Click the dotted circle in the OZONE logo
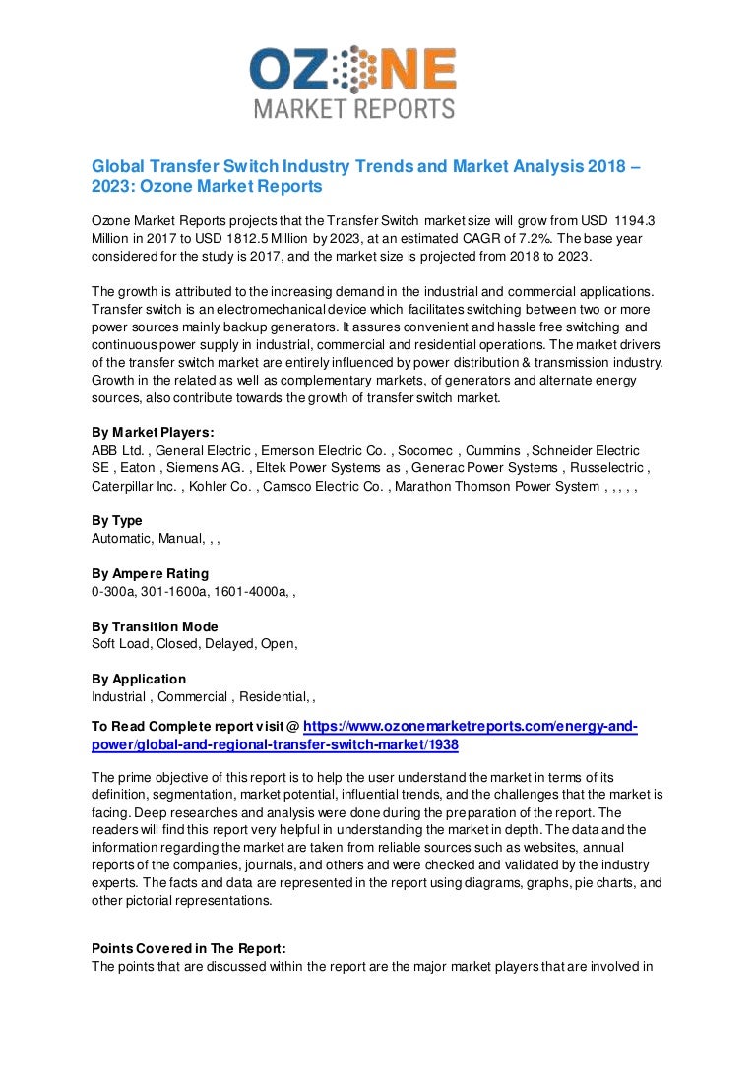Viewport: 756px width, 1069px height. pyautogui.click(x=351, y=70)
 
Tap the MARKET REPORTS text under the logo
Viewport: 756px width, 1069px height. pyautogui.click(x=354, y=107)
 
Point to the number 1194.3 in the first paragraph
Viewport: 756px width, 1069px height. pyautogui.click(x=636, y=222)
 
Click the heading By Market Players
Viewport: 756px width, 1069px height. pyautogui.click(x=153, y=432)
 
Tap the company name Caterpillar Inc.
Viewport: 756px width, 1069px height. pyautogui.click(x=134, y=486)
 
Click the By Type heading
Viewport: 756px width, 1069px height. pyautogui.click(x=116, y=520)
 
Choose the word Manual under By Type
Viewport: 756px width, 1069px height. pyautogui.click(x=179, y=538)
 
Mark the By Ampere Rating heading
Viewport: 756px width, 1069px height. pyautogui.click(x=150, y=573)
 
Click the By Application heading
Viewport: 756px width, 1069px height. pyautogui.click(x=139, y=679)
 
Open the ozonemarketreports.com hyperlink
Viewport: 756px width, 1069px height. pyautogui.click(x=470, y=727)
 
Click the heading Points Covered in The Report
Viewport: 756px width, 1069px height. pyautogui.click(x=189, y=948)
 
